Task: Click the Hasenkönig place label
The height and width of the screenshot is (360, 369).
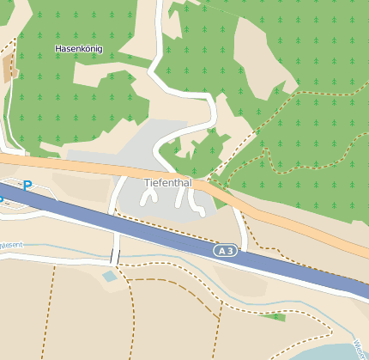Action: click(x=78, y=49)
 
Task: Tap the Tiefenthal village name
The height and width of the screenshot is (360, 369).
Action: click(x=169, y=183)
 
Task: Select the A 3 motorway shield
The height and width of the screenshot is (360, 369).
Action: click(x=225, y=250)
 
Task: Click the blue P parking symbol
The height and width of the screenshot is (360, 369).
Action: click(x=27, y=185)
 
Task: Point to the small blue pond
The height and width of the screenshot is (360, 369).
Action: click(x=109, y=277)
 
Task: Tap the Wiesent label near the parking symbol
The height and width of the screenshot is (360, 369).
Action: click(x=10, y=245)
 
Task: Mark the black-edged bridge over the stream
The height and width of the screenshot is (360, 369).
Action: click(x=114, y=257)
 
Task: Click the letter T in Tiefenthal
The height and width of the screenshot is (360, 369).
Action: click(x=147, y=183)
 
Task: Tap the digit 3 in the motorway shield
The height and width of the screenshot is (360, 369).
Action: click(x=230, y=250)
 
